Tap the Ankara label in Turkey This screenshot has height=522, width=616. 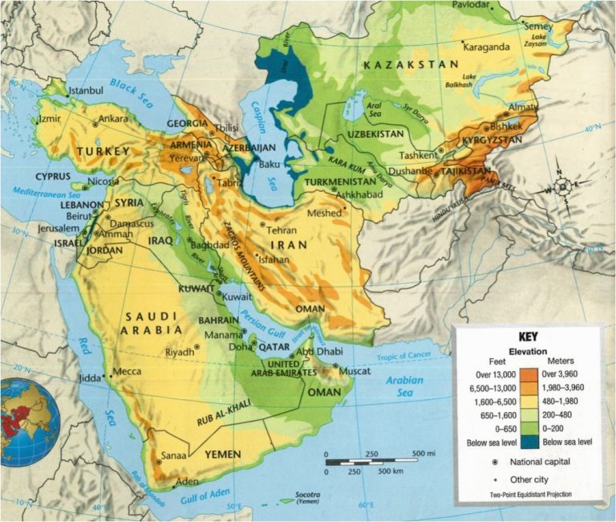tap(113, 119)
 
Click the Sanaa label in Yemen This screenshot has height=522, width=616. tap(174, 456)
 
